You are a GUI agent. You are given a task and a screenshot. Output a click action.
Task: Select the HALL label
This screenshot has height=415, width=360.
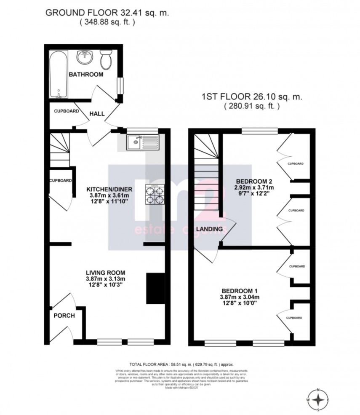[x=97, y=113]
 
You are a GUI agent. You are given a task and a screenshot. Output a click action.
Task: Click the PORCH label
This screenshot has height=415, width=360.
[x=64, y=316]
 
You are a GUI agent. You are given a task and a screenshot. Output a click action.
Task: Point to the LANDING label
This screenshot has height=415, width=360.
[x=211, y=229]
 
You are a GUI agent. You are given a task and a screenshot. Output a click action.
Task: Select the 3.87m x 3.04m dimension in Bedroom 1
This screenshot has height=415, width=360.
[x=240, y=297]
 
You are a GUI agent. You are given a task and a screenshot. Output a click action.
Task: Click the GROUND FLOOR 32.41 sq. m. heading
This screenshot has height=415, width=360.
[x=107, y=13]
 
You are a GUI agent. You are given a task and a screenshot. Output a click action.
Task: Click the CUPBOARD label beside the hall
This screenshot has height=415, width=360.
[x=67, y=111]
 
